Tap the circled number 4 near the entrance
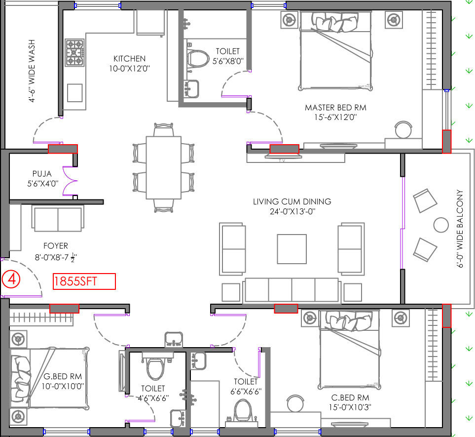point(11,279)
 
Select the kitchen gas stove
point(74,52)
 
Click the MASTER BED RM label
point(335,108)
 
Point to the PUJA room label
point(42,174)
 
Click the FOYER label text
point(55,245)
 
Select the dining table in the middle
point(164,168)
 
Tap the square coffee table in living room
point(292,249)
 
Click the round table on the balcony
point(441,225)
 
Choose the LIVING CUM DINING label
point(292,201)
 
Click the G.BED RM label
point(63,377)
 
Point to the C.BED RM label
point(350,397)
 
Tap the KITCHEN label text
point(129,59)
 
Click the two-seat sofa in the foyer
point(58,218)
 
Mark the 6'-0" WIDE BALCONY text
point(460,229)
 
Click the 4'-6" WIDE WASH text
point(32,71)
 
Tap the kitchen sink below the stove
point(75,93)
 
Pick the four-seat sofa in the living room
point(292,290)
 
